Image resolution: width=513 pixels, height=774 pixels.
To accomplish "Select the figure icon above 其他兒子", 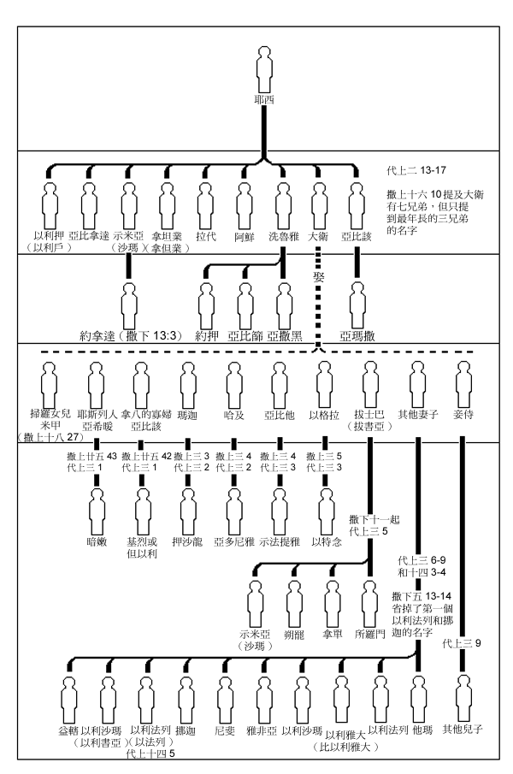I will tap(463, 694).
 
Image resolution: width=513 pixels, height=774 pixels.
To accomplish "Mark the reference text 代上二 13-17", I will tap(415, 169).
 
